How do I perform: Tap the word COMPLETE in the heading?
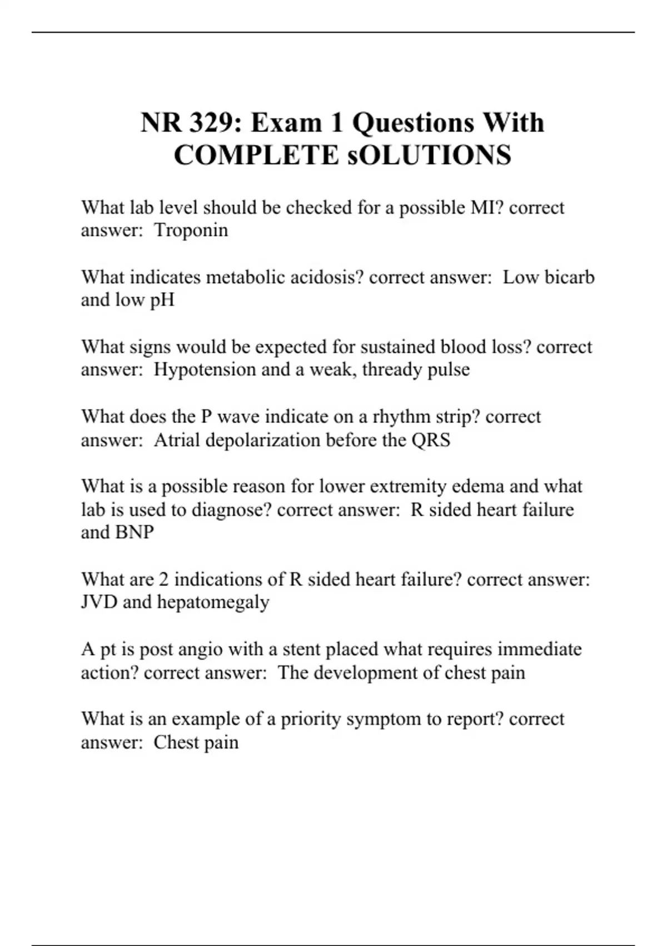click(256, 155)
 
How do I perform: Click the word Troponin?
click(191, 230)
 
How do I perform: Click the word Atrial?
click(177, 440)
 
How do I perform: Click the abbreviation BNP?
click(134, 533)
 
